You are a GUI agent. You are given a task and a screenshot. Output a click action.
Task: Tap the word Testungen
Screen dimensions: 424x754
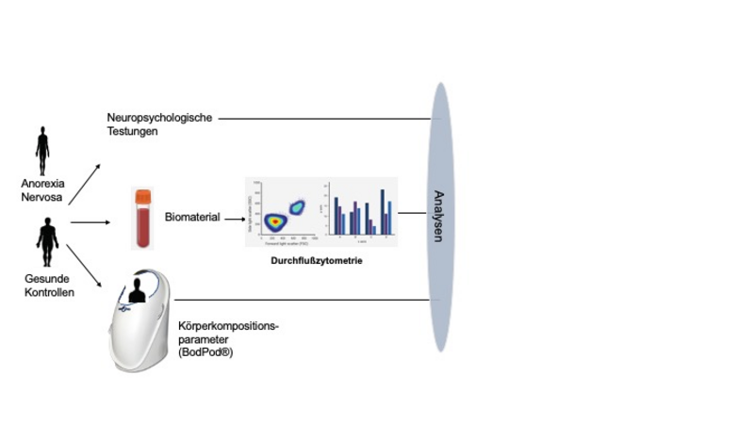pos(133,133)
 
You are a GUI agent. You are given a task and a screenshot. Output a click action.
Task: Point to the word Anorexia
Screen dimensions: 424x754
pos(42,186)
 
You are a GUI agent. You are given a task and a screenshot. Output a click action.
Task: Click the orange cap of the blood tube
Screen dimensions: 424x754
pos(142,196)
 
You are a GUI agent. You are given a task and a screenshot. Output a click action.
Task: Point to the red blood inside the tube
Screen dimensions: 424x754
pos(142,228)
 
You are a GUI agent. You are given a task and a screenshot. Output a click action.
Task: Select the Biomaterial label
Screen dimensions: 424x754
pos(192,217)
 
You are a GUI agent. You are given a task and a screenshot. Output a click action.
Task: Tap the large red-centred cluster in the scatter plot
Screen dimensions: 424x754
pos(273,220)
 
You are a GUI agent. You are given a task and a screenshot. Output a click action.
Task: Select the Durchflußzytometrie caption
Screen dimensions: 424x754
pos(317,261)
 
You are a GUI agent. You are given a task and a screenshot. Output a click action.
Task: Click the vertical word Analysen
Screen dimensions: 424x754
pos(439,216)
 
